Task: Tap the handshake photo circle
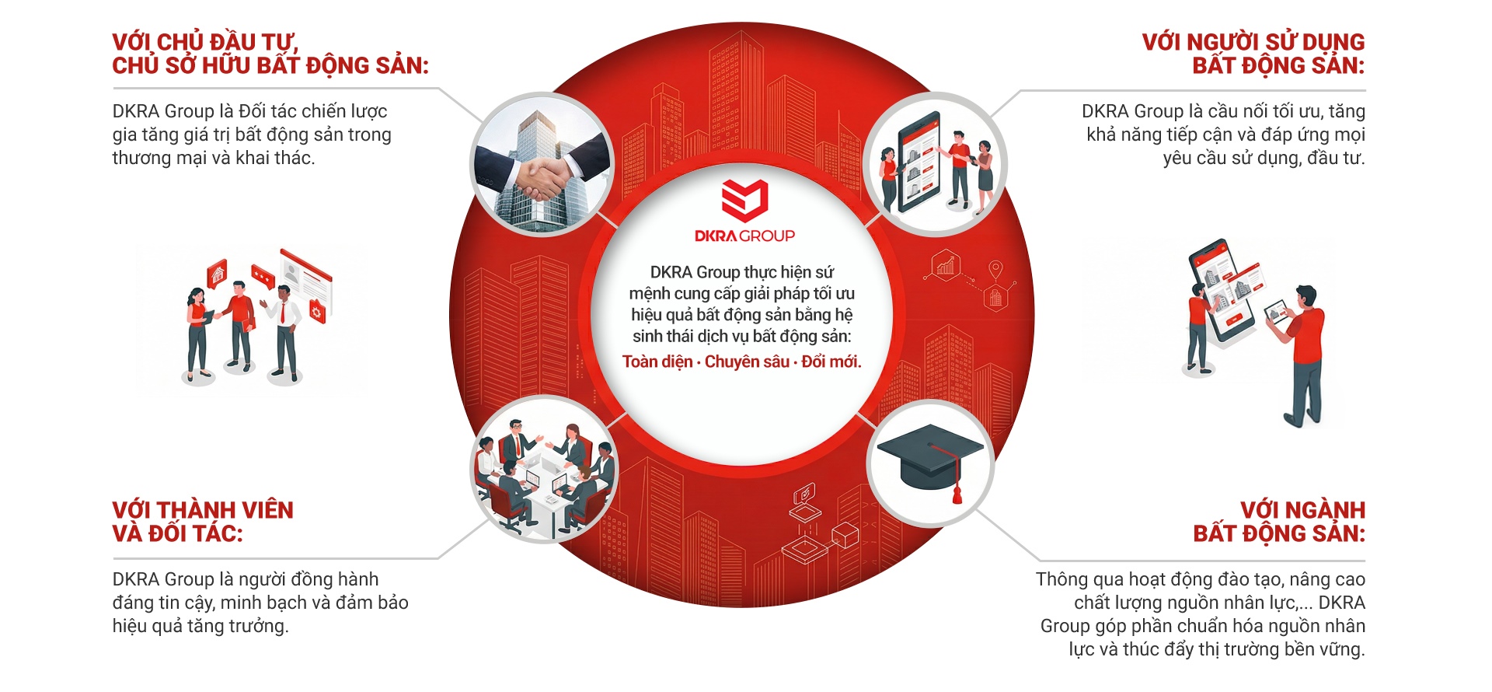pyautogui.click(x=543, y=163)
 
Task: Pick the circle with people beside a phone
pyautogui.click(x=936, y=163)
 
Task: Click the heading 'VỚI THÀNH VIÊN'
pyautogui.click(x=203, y=510)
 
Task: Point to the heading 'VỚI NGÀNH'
pyautogui.click(x=1302, y=510)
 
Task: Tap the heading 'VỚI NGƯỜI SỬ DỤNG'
pyautogui.click(x=1253, y=41)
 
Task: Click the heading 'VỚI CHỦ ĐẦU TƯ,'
pyautogui.click(x=205, y=41)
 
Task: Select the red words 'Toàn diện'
pyautogui.click(x=657, y=362)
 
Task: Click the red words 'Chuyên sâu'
pyautogui.click(x=747, y=362)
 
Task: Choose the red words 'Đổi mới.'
pyautogui.click(x=831, y=362)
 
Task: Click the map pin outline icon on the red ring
pyautogui.click(x=995, y=271)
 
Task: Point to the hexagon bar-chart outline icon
pyautogui.click(x=946, y=267)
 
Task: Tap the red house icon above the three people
pyautogui.click(x=218, y=274)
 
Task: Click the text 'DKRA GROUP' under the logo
pyautogui.click(x=744, y=236)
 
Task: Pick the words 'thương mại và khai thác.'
pyautogui.click(x=214, y=158)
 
